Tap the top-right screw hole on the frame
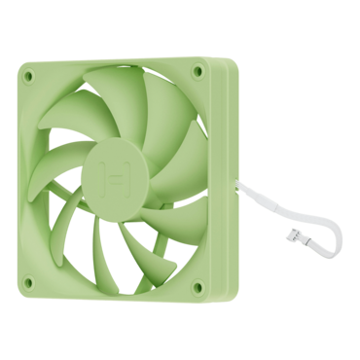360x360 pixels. [x=198, y=71]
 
